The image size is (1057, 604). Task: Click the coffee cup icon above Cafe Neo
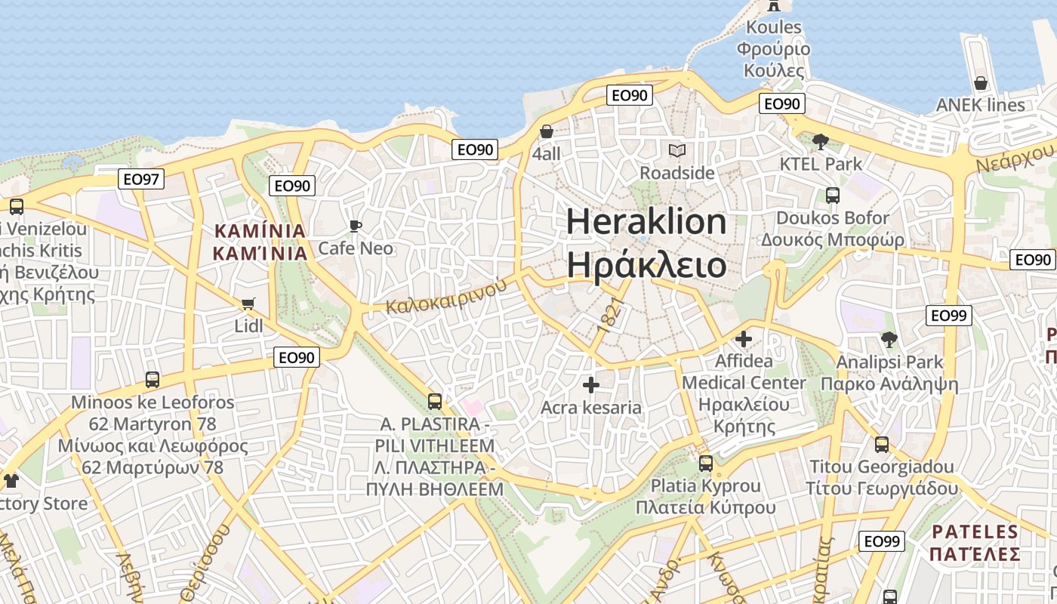(x=356, y=226)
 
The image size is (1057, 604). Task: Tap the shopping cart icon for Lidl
(x=248, y=304)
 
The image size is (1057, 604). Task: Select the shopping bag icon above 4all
(x=547, y=131)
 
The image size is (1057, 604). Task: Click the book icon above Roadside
(x=677, y=150)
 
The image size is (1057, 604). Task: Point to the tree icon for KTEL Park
(x=821, y=141)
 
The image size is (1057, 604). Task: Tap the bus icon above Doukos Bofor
(x=833, y=196)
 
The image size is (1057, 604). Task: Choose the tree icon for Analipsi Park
(x=889, y=340)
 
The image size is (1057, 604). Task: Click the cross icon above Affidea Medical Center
(x=744, y=339)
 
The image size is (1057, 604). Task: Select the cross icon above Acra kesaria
(x=591, y=386)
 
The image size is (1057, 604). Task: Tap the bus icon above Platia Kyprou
(x=705, y=463)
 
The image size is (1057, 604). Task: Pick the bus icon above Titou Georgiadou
(x=881, y=444)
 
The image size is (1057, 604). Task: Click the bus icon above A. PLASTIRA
(x=434, y=401)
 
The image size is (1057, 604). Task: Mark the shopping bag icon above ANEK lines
(x=980, y=83)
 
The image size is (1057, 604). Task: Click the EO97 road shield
(x=141, y=179)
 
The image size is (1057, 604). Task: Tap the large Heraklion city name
(x=647, y=242)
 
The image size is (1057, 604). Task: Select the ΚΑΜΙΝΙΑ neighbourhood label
(x=260, y=242)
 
